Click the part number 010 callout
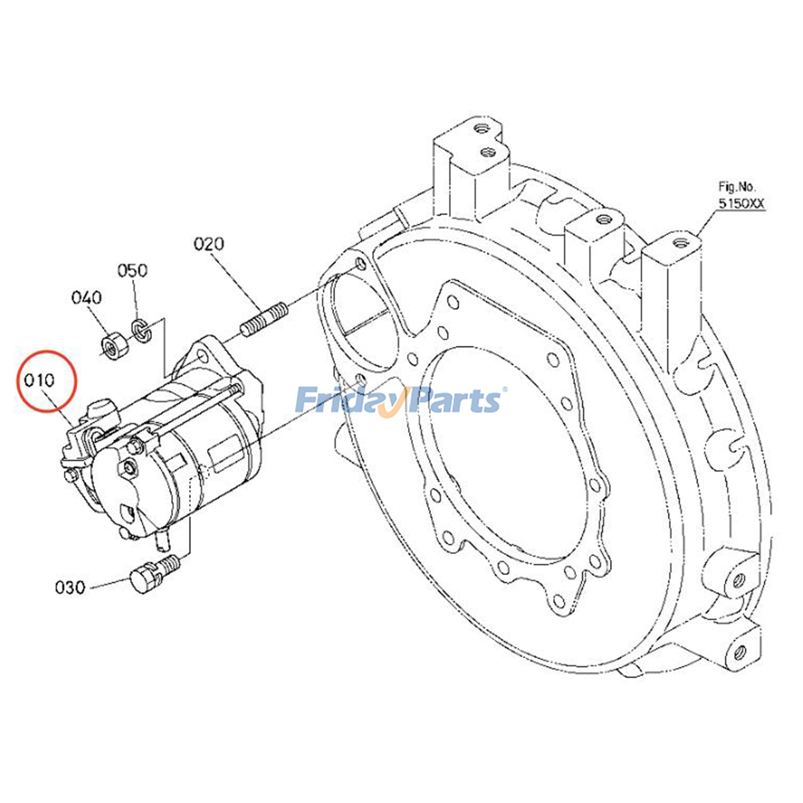click(x=39, y=380)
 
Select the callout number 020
click(x=209, y=244)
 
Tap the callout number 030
click(x=70, y=587)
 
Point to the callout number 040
click(x=86, y=298)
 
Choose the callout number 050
click(x=132, y=271)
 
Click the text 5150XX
click(x=741, y=203)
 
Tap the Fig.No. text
click(x=736, y=187)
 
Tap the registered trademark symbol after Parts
click(x=504, y=389)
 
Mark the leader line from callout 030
click(x=108, y=584)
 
